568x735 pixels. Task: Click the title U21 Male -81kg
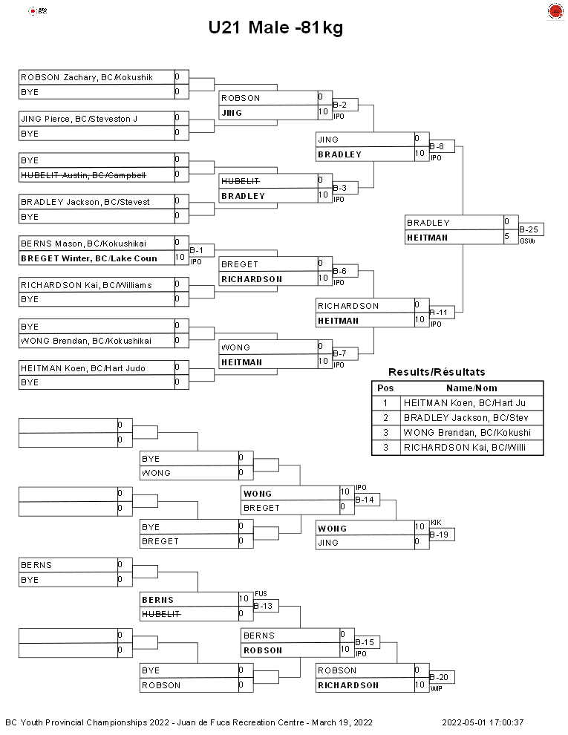click(x=275, y=27)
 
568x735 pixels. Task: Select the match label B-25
click(x=529, y=229)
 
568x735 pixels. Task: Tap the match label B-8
click(x=437, y=146)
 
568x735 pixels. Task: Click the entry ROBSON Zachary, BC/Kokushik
click(x=87, y=77)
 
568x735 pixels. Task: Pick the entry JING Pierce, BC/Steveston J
click(x=79, y=119)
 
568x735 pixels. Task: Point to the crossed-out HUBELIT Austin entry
click(x=83, y=175)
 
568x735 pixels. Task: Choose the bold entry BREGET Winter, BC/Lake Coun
click(x=89, y=258)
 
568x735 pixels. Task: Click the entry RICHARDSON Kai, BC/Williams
click(x=86, y=285)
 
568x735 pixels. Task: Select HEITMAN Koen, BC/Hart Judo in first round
click(x=83, y=368)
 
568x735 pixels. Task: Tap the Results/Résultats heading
click(x=437, y=372)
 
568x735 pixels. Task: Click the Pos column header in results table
click(x=385, y=388)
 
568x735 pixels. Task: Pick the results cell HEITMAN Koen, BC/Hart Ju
click(x=465, y=403)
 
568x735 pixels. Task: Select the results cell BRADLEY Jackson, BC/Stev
click(x=466, y=418)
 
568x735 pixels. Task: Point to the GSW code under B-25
click(x=527, y=241)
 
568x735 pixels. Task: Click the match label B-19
click(x=439, y=535)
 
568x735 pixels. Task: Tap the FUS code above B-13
click(x=261, y=593)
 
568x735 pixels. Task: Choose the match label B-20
click(x=439, y=677)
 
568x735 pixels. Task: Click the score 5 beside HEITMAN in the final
click(x=506, y=237)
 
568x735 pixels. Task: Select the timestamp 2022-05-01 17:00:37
click(x=483, y=722)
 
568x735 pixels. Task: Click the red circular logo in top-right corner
click(x=555, y=11)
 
